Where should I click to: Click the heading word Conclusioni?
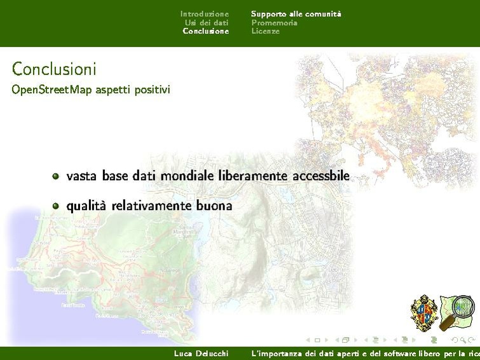pos(54,68)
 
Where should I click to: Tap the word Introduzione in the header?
pos(204,13)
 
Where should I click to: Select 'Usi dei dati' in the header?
pos(207,22)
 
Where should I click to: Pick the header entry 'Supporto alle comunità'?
pos(296,13)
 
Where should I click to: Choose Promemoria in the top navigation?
pos(274,22)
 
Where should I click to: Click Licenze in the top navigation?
pos(265,31)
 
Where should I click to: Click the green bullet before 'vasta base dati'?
pos(56,176)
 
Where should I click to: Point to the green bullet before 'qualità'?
pos(56,206)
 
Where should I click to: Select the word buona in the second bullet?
pos(214,205)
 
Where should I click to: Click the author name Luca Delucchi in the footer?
pos(201,353)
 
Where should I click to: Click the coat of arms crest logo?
pos(424,313)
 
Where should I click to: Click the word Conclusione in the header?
pos(205,31)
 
